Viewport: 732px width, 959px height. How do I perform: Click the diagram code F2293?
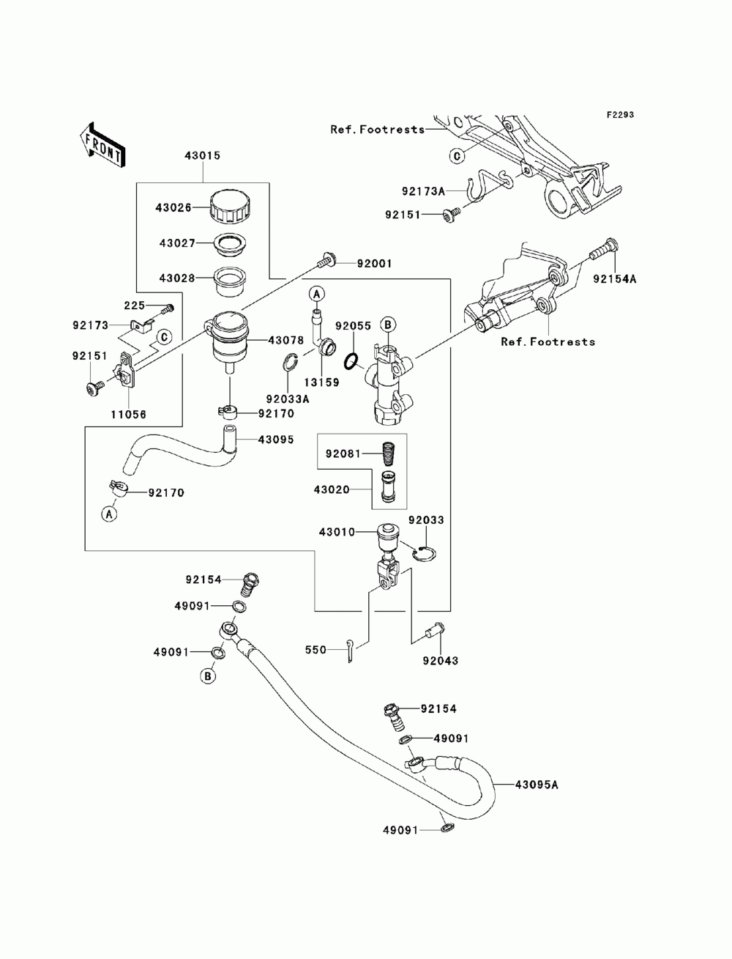[x=620, y=115]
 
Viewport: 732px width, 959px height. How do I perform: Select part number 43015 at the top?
[x=202, y=155]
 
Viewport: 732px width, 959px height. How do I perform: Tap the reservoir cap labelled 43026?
[x=231, y=207]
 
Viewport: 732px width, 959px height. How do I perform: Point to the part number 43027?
[x=177, y=243]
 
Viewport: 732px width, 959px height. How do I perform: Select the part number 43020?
[x=332, y=490]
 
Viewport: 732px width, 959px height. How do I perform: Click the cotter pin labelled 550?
[x=351, y=651]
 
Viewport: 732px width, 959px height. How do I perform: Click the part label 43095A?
[x=537, y=785]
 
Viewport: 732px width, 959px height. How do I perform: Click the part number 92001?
[x=375, y=264]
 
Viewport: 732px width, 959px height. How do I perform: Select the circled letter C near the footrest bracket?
[x=457, y=156]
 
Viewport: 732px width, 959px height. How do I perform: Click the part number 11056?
[x=128, y=414]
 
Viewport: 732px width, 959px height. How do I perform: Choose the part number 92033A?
[x=288, y=399]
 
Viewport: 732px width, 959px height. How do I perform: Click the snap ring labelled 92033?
[x=425, y=554]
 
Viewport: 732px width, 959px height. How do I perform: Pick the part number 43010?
[x=337, y=532]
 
